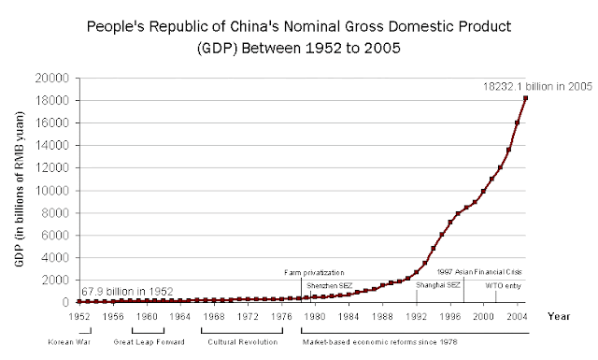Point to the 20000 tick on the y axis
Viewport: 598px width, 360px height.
[55, 79]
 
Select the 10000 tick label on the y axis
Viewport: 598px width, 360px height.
[55, 191]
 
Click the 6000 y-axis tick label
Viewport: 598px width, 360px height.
[58, 236]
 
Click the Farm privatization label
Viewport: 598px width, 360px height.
[315, 272]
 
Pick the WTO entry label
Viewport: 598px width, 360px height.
[502, 285]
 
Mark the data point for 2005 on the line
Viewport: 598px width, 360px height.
[526, 98]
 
